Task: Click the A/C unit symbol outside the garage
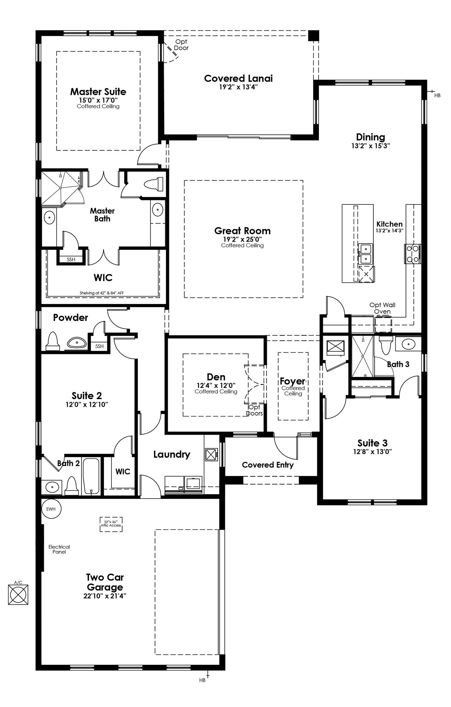point(18,595)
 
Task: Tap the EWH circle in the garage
point(51,509)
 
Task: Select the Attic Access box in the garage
point(111,524)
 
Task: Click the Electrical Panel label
point(59,549)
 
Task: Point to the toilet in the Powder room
point(53,342)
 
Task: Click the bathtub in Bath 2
point(91,476)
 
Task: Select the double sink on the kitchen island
point(365,254)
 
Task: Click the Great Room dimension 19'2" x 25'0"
point(242,239)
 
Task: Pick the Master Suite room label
point(98,92)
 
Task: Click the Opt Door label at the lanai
point(181,45)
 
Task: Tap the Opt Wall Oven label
point(382,308)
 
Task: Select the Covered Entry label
point(267,465)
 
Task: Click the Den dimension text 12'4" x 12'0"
point(216,385)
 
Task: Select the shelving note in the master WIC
point(102,293)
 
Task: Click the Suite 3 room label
point(372,443)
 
